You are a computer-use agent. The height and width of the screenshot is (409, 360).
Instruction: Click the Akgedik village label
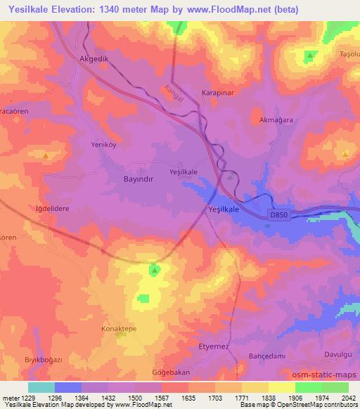pyautogui.click(x=96, y=59)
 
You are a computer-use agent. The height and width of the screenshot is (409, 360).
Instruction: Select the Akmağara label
pyautogui.click(x=276, y=120)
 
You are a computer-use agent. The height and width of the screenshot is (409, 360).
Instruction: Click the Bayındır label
pyautogui.click(x=124, y=179)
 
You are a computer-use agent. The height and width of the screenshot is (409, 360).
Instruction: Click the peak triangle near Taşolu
pyautogui.click(x=310, y=56)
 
